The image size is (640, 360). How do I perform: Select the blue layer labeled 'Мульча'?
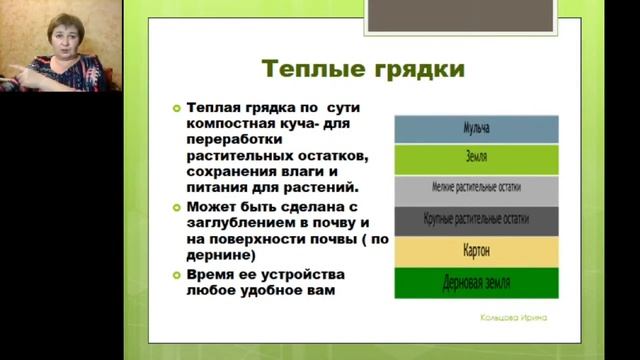476,129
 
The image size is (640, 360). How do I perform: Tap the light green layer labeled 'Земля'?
476,158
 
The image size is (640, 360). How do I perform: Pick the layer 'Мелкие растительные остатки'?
476,188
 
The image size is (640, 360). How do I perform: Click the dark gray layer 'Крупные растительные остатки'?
476,219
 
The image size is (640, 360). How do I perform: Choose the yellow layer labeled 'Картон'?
476,250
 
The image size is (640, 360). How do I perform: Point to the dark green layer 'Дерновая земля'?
476,282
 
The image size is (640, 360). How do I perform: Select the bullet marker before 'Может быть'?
177,206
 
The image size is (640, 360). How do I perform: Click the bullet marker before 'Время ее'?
177,274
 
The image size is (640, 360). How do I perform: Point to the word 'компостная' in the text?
229,124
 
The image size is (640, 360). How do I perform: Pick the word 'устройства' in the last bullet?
299,274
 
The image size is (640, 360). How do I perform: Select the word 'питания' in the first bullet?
217,188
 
